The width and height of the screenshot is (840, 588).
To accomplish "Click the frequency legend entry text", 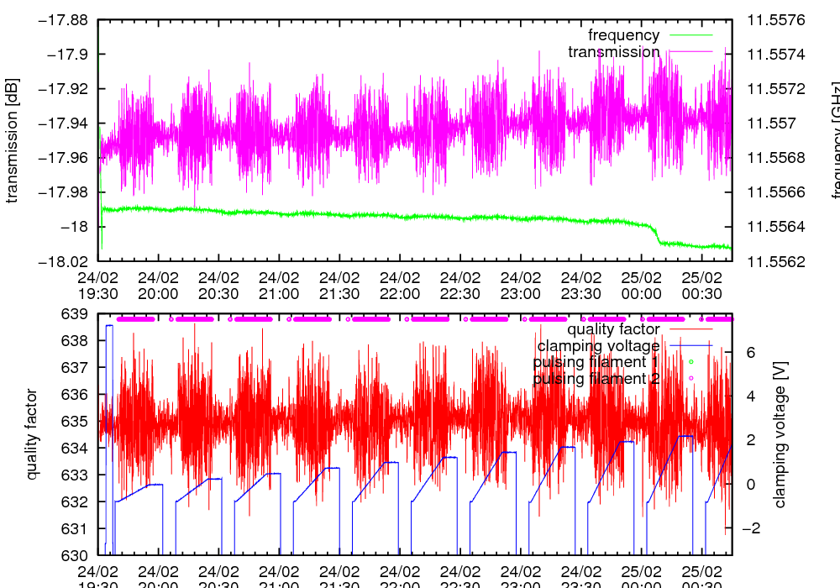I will (x=623, y=35).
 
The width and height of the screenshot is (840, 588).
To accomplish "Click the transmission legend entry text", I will (x=613, y=52).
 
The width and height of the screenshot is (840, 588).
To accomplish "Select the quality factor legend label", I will (x=613, y=329).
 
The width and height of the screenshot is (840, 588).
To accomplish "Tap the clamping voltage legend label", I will (x=598, y=346).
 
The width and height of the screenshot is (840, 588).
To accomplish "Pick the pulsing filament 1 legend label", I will (x=596, y=362).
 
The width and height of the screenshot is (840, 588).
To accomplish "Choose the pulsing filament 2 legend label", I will (x=596, y=379).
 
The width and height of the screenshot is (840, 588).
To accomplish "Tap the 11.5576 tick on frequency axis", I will (x=775, y=20).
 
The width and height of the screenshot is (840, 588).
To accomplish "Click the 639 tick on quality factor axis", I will (x=75, y=314).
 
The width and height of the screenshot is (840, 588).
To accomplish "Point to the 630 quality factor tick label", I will (x=75, y=555).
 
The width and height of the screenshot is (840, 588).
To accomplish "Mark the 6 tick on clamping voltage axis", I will (x=750, y=353).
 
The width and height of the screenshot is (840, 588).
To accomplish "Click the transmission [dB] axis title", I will (x=12, y=140).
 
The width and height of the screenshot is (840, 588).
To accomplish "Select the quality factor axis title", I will (x=32, y=434).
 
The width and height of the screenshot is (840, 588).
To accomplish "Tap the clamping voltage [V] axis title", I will (x=780, y=434).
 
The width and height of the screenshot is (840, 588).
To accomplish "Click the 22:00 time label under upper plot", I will (x=399, y=285).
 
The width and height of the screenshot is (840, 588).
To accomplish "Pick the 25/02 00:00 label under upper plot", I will (x=641, y=285).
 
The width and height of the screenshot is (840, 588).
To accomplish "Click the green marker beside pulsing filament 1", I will (x=691, y=362).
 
